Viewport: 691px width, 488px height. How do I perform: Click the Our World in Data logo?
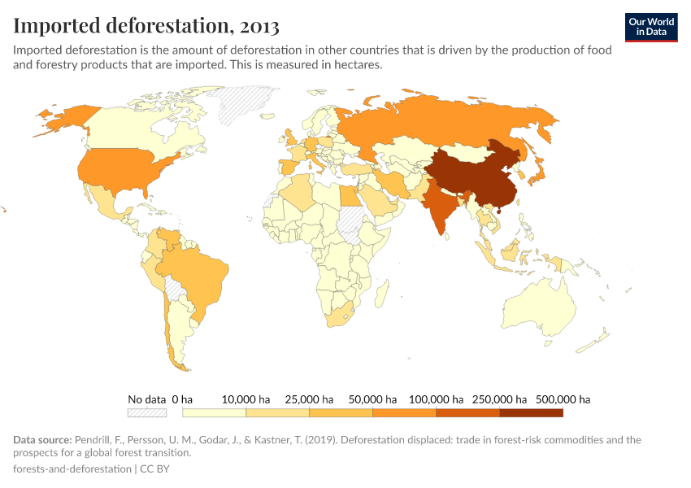[651, 27]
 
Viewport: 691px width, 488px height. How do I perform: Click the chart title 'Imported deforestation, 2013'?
[146, 26]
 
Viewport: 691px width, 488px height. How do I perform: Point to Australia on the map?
[541, 313]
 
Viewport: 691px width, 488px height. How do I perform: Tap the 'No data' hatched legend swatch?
[147, 413]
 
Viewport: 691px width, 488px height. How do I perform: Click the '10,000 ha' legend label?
[245, 399]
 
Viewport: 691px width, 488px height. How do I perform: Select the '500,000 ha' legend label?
[563, 399]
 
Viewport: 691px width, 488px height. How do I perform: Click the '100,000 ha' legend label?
[436, 399]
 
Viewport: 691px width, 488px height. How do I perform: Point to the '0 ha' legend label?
[182, 399]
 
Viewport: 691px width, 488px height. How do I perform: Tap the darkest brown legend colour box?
[531, 413]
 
